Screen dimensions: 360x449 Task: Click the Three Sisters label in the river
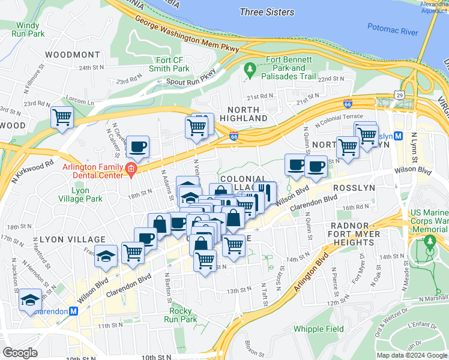(267, 12)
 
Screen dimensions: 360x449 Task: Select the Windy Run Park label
(28, 30)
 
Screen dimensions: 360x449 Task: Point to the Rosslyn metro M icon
(406, 136)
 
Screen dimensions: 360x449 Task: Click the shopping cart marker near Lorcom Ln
(62, 116)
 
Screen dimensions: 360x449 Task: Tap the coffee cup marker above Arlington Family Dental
(138, 147)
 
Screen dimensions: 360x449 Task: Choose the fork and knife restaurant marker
(265, 192)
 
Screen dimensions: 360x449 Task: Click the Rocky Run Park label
(181, 315)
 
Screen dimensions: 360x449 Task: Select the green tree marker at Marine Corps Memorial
(430, 242)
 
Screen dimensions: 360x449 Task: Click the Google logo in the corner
(20, 353)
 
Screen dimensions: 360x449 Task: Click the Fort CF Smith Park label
(173, 64)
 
